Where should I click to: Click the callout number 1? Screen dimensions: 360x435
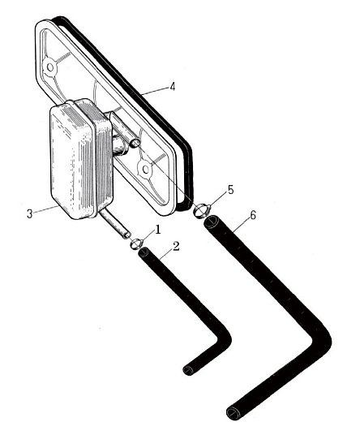tap(157, 230)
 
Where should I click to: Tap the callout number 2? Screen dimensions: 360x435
tap(176, 247)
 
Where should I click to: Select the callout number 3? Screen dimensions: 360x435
tap(30, 214)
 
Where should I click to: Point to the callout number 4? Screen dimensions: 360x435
tap(173, 87)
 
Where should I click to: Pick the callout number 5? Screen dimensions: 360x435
tap(230, 190)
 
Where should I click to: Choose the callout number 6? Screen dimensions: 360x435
tap(253, 215)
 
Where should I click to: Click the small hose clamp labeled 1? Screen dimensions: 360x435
tap(136, 243)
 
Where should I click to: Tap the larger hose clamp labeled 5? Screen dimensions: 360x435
tap(202, 209)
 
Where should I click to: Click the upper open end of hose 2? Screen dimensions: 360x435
tap(144, 252)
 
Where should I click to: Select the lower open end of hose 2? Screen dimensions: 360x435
tap(188, 370)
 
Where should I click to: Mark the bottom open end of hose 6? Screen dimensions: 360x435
tap(233, 412)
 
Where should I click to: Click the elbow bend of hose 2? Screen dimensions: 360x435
tap(223, 338)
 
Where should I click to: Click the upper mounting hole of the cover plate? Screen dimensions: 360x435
tap(50, 67)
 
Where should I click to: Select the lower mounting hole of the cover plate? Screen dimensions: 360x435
tap(144, 168)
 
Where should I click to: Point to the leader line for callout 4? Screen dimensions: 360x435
tap(155, 91)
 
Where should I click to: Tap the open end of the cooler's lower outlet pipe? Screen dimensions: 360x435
tap(127, 235)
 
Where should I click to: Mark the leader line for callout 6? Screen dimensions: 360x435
tap(241, 225)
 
